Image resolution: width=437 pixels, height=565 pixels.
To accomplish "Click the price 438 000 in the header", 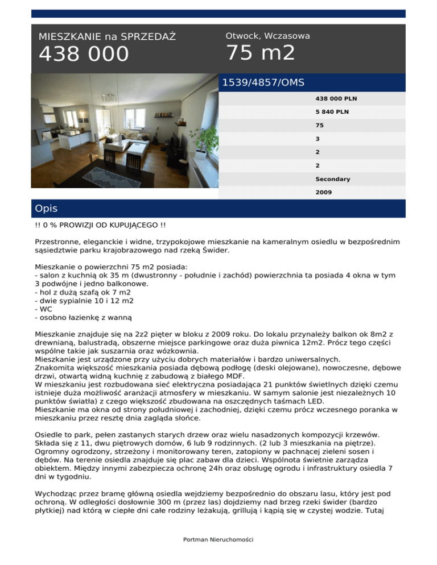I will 84,55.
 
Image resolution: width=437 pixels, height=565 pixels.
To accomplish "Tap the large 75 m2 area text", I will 261,53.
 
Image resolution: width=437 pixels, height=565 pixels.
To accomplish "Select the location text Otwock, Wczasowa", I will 267,36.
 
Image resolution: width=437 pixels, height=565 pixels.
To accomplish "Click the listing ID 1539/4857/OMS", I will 263,82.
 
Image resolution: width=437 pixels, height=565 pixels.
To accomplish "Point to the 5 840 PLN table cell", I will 332,112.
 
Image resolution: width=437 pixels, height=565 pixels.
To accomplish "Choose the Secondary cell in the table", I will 333,179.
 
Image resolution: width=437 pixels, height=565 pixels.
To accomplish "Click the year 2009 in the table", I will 324,193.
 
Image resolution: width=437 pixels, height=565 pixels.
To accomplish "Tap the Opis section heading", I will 46,209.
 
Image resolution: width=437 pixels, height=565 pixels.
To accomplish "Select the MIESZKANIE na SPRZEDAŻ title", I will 107,37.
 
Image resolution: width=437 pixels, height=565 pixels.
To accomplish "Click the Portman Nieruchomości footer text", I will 218,539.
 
